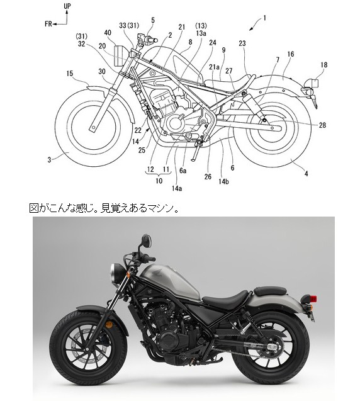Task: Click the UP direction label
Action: click(67, 6)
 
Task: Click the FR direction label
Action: click(48, 24)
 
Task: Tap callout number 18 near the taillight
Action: click(323, 65)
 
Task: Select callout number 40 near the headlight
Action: click(108, 33)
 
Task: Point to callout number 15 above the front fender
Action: click(69, 74)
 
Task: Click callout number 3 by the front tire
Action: click(49, 160)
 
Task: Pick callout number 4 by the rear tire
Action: click(306, 174)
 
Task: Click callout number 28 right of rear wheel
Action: click(322, 125)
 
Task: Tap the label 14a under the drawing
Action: click(177, 188)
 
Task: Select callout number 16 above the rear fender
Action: click(291, 54)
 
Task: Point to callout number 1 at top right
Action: click(264, 18)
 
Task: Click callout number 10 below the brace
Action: click(159, 181)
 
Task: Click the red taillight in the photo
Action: click(313, 298)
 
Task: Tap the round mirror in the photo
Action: click(147, 241)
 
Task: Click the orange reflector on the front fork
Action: click(110, 325)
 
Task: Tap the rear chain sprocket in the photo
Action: click(271, 347)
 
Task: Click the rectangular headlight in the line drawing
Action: click(118, 56)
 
